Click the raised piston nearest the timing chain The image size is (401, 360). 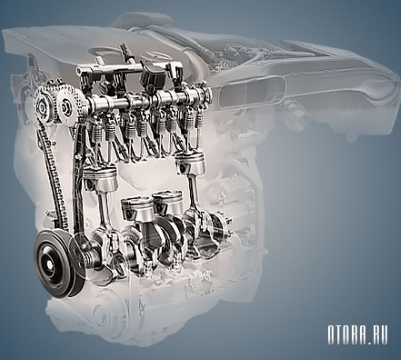[x=100, y=176]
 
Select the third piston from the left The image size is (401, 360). [x=168, y=202]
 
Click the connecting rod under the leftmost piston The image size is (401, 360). [x=105, y=212]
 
